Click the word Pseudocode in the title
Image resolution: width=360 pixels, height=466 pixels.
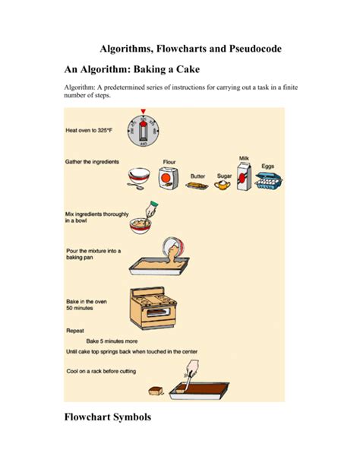(x=255, y=49)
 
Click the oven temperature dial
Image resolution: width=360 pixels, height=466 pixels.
(x=144, y=131)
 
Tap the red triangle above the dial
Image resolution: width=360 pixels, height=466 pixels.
(x=144, y=112)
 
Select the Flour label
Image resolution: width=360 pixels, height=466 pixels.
(x=169, y=162)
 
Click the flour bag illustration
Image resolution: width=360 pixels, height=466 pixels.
(x=169, y=179)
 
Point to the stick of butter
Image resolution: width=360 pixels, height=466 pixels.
(x=197, y=186)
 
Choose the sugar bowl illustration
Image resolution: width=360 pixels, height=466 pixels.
(x=223, y=185)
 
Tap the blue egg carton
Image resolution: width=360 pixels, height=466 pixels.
(x=269, y=180)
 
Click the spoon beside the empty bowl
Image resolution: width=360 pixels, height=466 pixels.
(x=135, y=186)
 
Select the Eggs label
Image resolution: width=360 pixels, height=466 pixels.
(x=267, y=166)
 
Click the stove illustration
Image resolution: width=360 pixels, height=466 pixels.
(x=153, y=308)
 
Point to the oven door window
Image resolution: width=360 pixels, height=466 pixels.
(x=159, y=312)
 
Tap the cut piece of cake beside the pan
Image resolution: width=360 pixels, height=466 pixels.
(x=156, y=391)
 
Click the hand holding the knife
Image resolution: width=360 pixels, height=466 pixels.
(x=192, y=369)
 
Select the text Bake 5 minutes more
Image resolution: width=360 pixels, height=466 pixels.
(x=112, y=341)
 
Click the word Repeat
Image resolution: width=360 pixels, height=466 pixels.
(x=75, y=331)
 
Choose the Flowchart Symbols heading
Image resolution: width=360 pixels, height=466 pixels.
(x=108, y=417)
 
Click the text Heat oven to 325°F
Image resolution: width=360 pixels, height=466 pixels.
(x=89, y=130)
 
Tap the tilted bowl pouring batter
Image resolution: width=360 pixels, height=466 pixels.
(x=174, y=249)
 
